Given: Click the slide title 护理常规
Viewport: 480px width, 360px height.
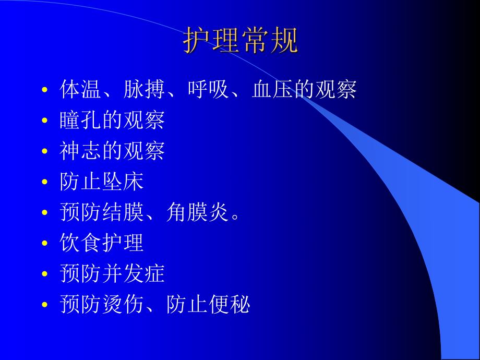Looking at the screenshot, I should (241, 41).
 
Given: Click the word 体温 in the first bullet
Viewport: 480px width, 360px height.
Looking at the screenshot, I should (81, 90).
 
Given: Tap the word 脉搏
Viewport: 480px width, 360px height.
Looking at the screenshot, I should (145, 90).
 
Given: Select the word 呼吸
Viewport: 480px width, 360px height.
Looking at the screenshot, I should (208, 90).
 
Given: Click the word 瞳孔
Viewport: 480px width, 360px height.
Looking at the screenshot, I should (81, 121).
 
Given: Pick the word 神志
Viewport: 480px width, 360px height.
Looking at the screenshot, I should (81, 151).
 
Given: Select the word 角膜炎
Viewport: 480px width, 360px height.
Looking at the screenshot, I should (198, 212).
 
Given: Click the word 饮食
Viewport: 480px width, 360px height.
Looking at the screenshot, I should (81, 243).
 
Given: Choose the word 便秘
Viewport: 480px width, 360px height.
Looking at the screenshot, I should (229, 304).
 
